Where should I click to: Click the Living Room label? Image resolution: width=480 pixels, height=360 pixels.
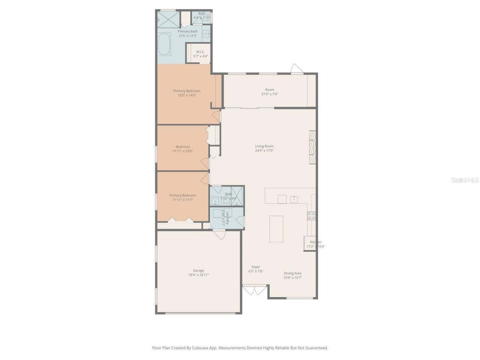pyautogui.click(x=264, y=146)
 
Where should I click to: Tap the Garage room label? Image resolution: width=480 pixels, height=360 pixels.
pyautogui.click(x=198, y=270)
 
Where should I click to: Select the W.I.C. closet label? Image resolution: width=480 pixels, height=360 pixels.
pyautogui.click(x=200, y=52)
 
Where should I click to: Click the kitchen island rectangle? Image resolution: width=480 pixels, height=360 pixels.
pyautogui.click(x=276, y=229)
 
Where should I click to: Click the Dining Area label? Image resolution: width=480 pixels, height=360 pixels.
pyautogui.click(x=292, y=273)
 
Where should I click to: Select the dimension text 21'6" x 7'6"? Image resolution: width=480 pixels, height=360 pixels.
pyautogui.click(x=270, y=94)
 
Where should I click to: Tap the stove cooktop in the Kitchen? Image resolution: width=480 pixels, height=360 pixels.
pyautogui.click(x=311, y=216)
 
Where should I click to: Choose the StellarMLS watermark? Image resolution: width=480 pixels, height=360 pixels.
pyautogui.click(x=465, y=180)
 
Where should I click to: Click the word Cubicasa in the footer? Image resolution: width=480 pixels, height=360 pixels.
pyautogui.click(x=200, y=348)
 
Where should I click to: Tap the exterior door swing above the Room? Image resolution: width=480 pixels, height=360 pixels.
pyautogui.click(x=296, y=69)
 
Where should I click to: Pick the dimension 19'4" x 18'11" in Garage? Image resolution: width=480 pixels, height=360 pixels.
pyautogui.click(x=198, y=275)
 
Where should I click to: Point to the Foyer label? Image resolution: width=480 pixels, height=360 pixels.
pyautogui.click(x=256, y=267)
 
